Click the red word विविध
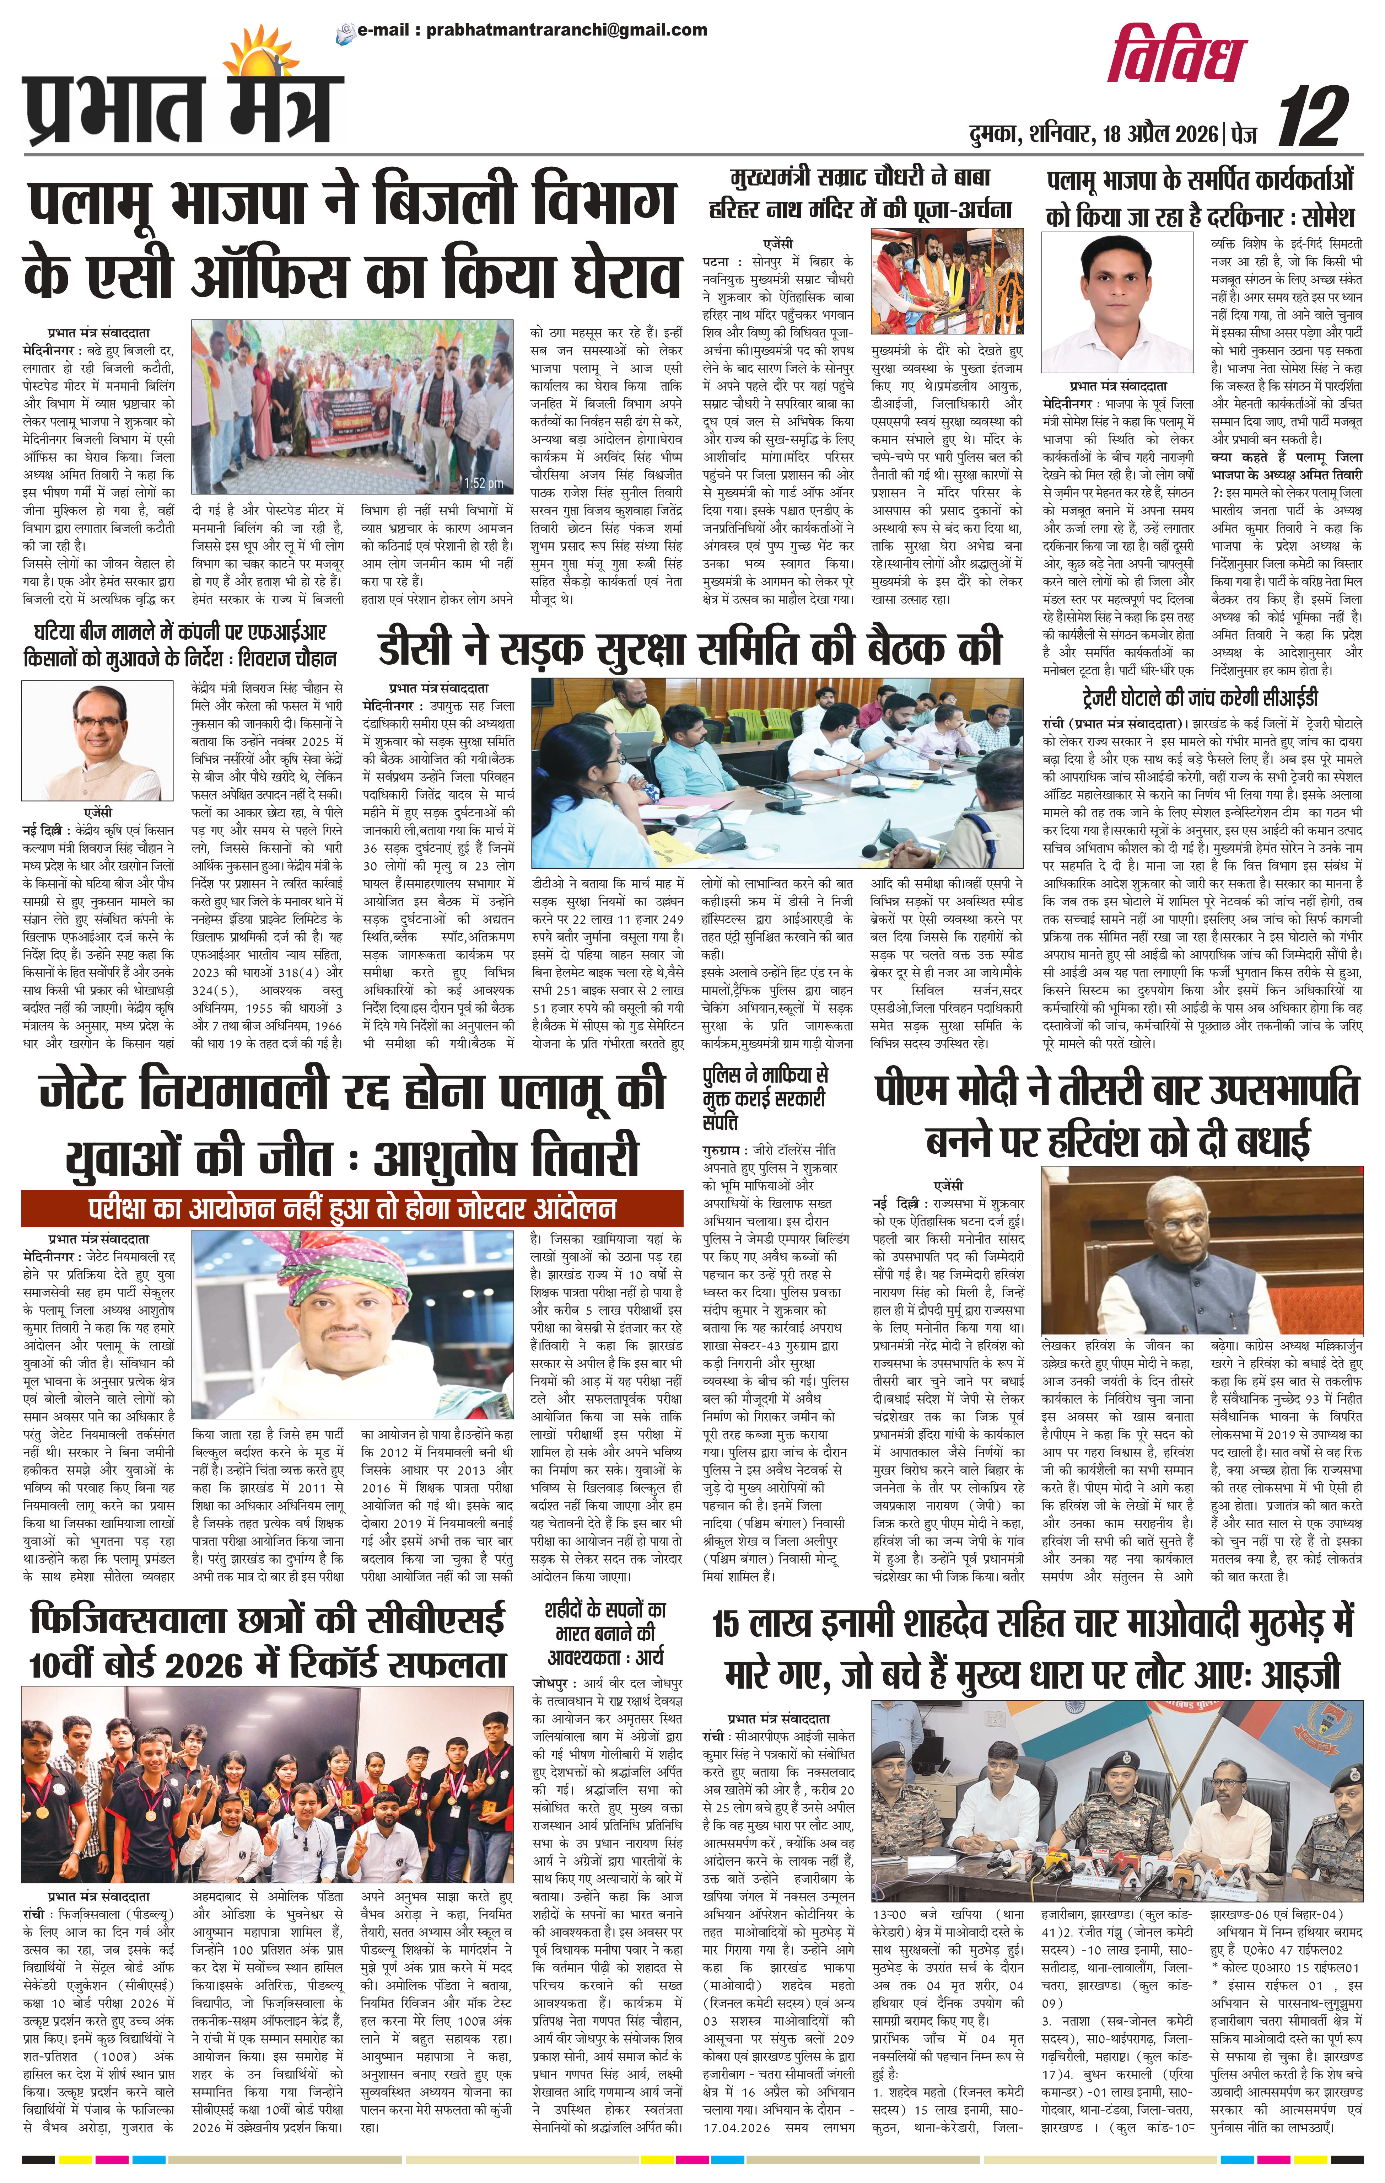[1178, 56]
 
